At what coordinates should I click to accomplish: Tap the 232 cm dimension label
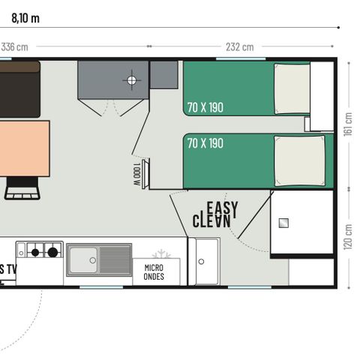pyautogui.click(x=240, y=46)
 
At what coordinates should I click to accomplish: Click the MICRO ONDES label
pyautogui.click(x=154, y=271)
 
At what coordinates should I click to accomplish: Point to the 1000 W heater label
pyautogui.click(x=136, y=175)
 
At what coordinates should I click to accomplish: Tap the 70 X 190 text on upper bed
pyautogui.click(x=205, y=107)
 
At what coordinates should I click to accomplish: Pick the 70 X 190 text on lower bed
pyautogui.click(x=205, y=142)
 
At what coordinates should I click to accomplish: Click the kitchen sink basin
pyautogui.click(x=82, y=259)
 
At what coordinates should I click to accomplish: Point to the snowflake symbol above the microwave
pyautogui.click(x=161, y=253)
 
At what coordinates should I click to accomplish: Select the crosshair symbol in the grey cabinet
pyautogui.click(x=133, y=80)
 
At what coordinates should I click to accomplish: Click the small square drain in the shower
pyautogui.click(x=284, y=222)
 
